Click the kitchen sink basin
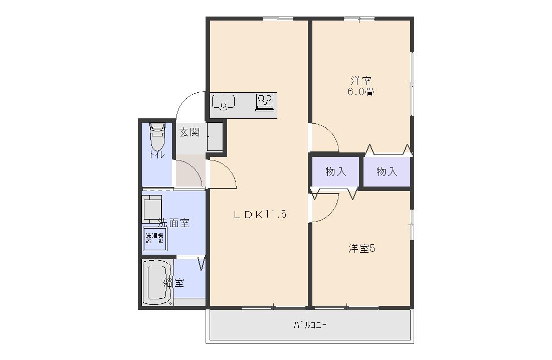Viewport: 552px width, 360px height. (x=223, y=103)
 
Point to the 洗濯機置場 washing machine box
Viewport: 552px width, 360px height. (x=154, y=238)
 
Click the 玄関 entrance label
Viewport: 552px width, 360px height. (x=190, y=132)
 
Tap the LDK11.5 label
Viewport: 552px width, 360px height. (x=260, y=215)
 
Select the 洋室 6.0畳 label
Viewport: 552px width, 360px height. (x=361, y=86)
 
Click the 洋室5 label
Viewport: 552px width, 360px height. (x=362, y=248)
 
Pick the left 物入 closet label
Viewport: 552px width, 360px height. (x=335, y=172)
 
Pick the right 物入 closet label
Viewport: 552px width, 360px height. (x=387, y=172)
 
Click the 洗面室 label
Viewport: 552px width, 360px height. (x=174, y=223)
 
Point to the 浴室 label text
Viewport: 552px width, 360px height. (x=174, y=283)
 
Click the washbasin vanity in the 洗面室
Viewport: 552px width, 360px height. (x=152, y=209)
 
